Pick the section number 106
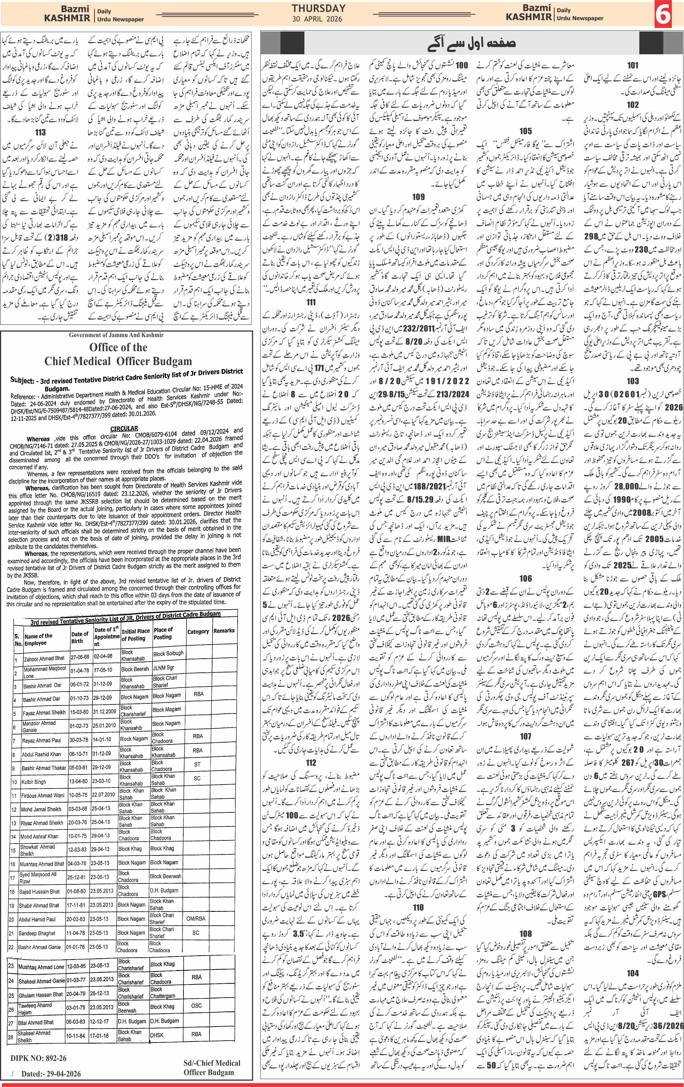pyautogui.click(x=526, y=578)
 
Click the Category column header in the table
pyautogui.click(x=198, y=632)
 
